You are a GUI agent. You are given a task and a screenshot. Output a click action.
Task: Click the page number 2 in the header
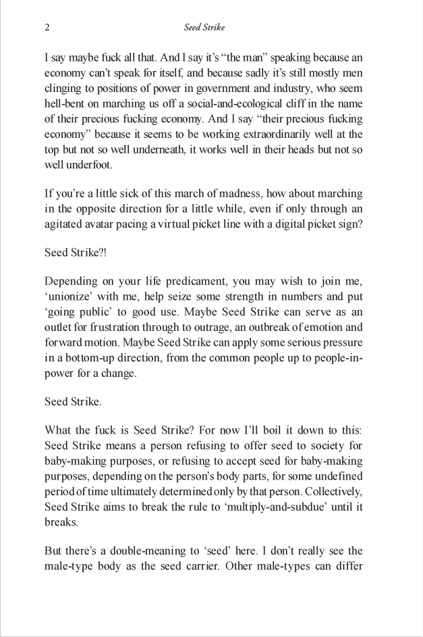coord(47,28)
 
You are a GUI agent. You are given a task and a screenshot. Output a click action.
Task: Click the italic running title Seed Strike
coord(204,28)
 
